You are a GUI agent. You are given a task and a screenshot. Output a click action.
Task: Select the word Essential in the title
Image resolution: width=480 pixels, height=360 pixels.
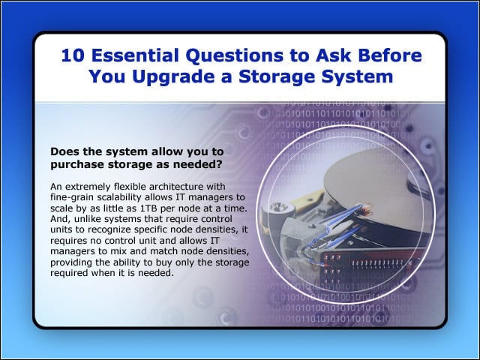(x=135, y=55)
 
